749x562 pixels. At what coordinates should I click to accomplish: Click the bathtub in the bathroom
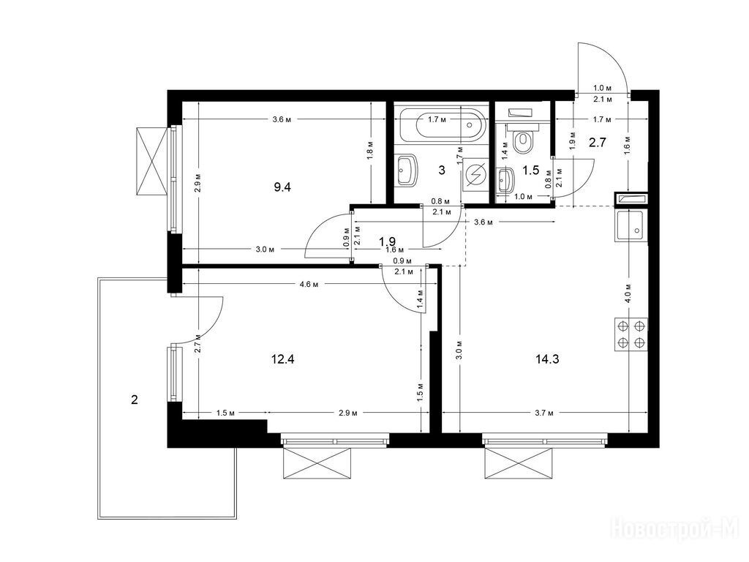tap(443, 125)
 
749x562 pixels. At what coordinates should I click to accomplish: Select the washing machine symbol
tap(475, 176)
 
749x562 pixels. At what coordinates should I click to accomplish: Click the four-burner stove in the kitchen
tap(631, 335)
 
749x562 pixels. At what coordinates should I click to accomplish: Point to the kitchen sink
tap(631, 225)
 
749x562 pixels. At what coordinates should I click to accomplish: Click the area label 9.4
tap(282, 187)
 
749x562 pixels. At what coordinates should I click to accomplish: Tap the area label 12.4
tap(282, 359)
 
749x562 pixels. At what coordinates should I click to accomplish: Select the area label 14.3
tap(547, 359)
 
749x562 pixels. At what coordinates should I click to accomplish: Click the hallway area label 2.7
tap(598, 142)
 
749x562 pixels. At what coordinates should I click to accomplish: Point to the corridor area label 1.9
tap(388, 240)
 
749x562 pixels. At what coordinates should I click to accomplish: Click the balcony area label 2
tap(135, 400)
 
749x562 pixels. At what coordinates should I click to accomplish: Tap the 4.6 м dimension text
tap(309, 285)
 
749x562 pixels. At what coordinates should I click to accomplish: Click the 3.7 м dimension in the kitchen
tap(544, 413)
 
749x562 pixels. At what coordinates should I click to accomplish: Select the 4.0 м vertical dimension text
tap(628, 293)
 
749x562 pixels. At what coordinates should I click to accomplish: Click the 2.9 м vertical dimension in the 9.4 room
tap(197, 184)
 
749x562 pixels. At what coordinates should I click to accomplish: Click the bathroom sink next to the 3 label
tap(407, 170)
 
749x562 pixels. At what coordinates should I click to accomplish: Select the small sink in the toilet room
tap(505, 180)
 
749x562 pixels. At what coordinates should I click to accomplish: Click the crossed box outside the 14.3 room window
tap(521, 462)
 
